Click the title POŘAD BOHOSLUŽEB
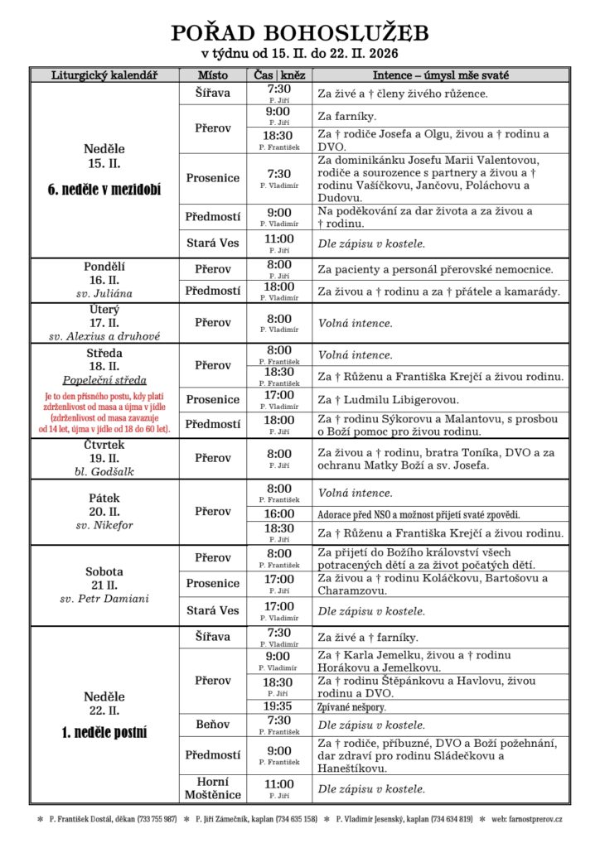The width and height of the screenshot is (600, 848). point(300,33)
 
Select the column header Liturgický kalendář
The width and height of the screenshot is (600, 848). point(104,75)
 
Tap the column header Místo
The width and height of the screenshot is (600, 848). point(212,75)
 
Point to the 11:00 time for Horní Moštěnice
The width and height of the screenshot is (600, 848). point(279,783)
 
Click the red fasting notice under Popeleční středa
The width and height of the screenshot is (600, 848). point(104,412)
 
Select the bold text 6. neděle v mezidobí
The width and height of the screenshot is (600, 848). point(104,190)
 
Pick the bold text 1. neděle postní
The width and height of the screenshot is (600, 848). point(104,732)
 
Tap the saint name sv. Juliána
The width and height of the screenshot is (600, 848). point(104,294)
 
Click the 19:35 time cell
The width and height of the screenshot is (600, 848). point(279,706)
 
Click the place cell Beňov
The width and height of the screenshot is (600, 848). point(212,725)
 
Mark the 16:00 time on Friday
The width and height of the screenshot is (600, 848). point(279,513)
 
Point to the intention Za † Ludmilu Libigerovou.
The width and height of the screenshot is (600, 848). point(395,400)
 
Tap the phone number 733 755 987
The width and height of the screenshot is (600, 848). point(157,819)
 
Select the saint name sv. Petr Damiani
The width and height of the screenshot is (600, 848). point(104,599)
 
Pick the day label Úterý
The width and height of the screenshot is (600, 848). point(104,308)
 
